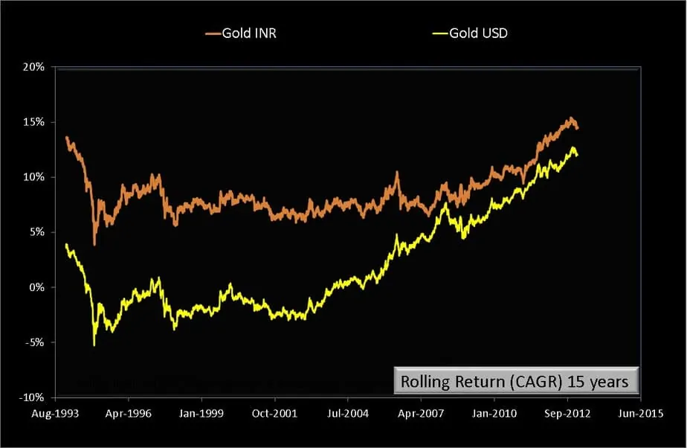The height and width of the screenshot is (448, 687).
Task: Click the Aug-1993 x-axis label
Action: coord(57,411)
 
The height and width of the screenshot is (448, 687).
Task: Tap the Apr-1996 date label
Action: coord(129,411)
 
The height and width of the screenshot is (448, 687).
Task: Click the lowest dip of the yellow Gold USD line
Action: coord(94,345)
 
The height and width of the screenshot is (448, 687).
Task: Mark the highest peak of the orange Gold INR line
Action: coord(570,118)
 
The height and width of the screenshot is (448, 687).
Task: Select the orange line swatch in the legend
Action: coord(213,34)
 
